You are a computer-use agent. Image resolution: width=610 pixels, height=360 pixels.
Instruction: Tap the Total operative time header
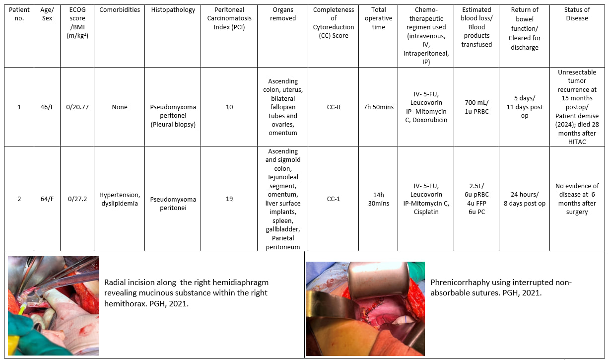[x=378, y=18]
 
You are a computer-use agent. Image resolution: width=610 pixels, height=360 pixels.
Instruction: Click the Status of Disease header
[x=577, y=14]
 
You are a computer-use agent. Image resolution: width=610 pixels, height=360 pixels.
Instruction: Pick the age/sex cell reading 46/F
[x=47, y=107]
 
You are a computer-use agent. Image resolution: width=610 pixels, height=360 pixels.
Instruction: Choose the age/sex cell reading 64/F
[x=47, y=199]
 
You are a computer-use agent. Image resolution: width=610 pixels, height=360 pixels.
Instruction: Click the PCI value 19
[x=229, y=199]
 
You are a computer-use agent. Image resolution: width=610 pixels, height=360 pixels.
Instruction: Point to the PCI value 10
[x=229, y=107]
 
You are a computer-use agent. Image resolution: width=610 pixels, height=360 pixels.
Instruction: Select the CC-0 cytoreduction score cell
[x=334, y=107]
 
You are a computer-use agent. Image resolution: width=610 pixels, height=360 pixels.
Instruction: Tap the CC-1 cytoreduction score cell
[x=334, y=199]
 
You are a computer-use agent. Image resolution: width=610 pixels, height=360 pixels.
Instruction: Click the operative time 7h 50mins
[x=378, y=107]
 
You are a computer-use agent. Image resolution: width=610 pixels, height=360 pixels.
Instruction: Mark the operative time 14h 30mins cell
[x=378, y=199]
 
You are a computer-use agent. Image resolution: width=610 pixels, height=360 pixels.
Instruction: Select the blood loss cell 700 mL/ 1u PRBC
[x=476, y=107]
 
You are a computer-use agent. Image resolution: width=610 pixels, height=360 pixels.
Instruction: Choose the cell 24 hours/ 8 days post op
[x=525, y=199]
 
